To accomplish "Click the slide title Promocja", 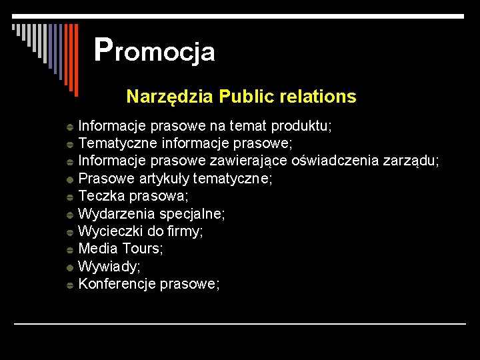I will [155, 50].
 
